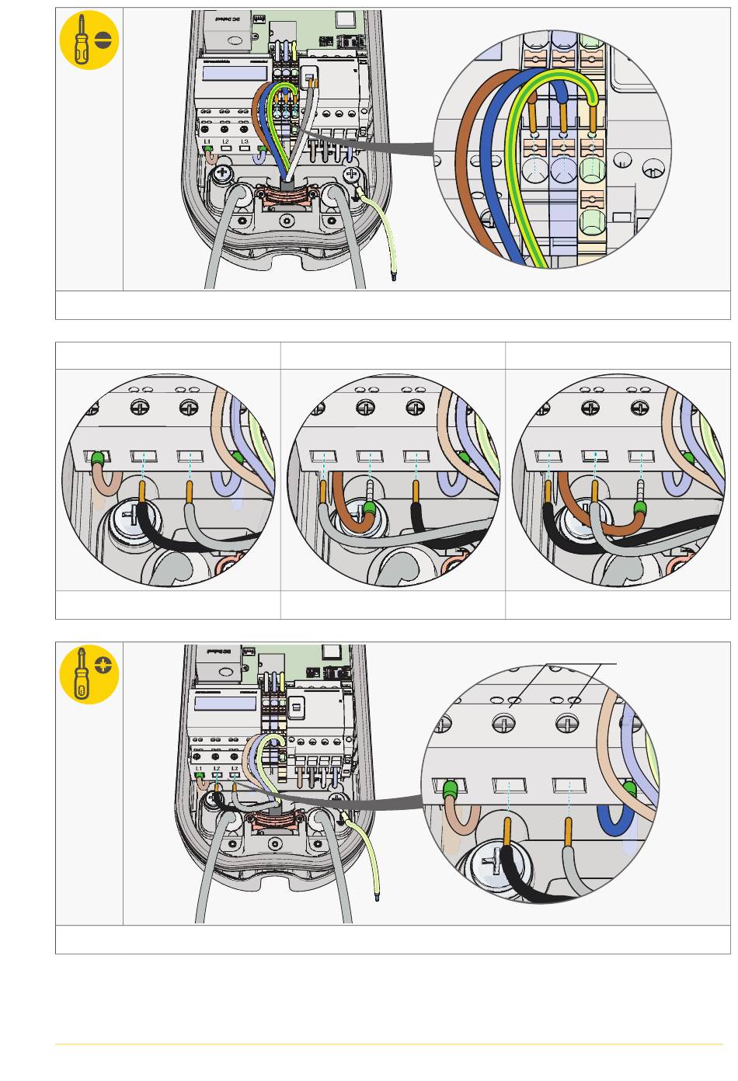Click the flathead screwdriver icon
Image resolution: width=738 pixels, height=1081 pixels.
[89, 40]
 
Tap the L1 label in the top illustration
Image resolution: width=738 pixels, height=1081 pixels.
[207, 141]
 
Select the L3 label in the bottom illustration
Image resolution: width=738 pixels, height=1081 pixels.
[235, 769]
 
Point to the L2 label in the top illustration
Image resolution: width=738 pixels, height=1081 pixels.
[225, 141]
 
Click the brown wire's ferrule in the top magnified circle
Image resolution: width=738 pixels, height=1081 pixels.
[534, 116]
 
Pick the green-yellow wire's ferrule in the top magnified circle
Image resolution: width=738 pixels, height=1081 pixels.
[593, 116]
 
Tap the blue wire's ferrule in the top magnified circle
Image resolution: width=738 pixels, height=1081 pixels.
[562, 116]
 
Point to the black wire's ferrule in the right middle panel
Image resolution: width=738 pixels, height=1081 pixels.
[549, 491]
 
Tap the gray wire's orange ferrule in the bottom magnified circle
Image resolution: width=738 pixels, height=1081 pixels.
[569, 831]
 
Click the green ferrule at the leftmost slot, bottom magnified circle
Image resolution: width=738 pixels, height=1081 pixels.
[449, 791]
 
